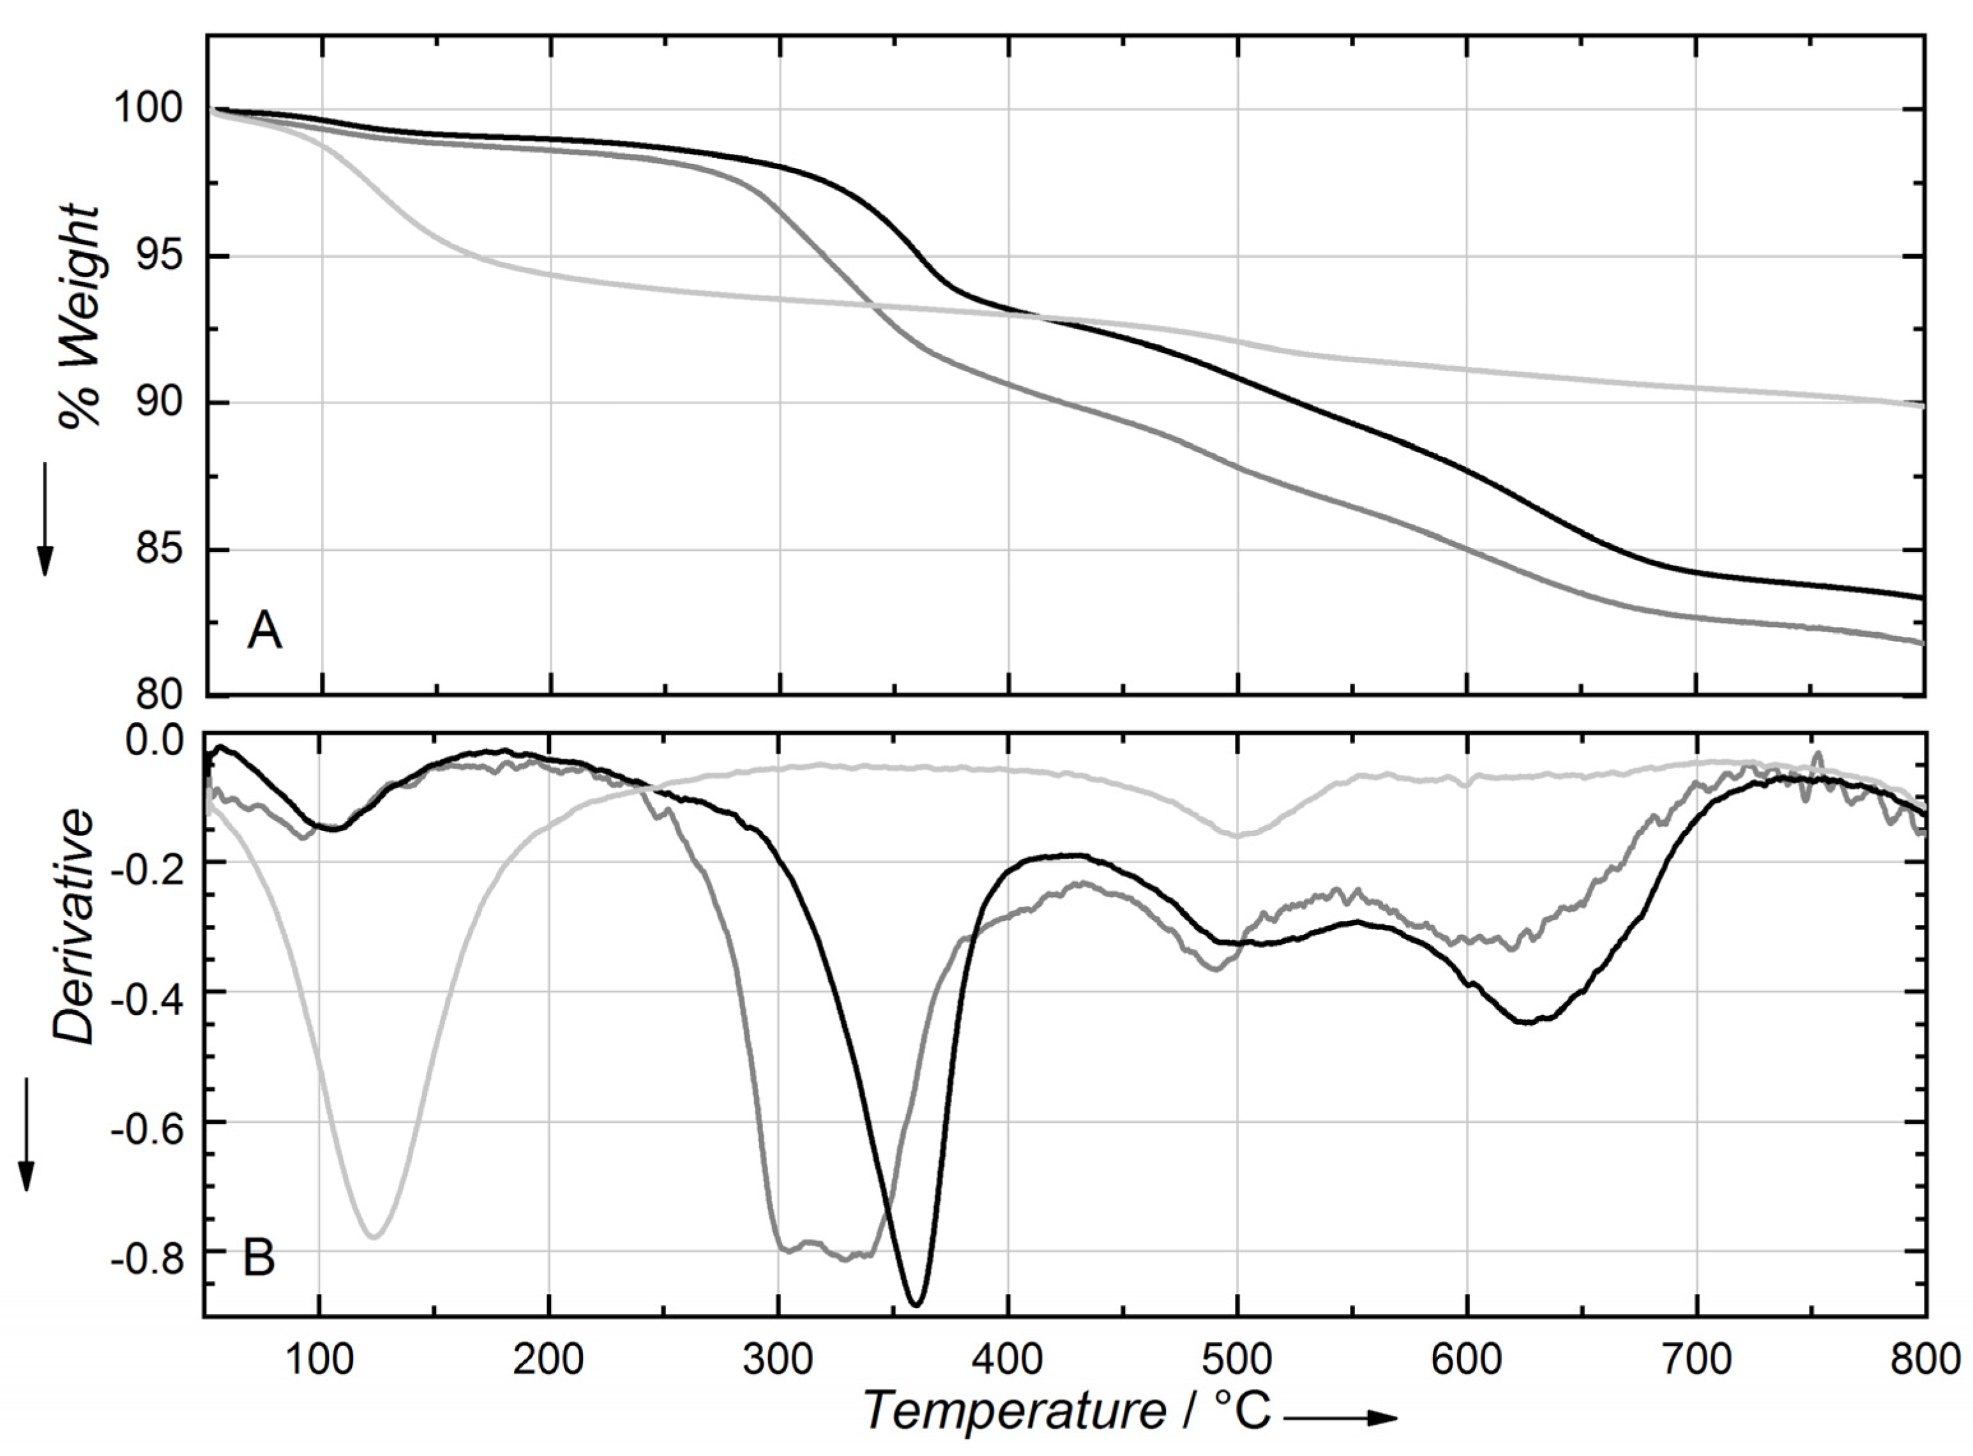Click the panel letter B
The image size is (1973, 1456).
259,1259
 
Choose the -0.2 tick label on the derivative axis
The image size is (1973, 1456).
150,863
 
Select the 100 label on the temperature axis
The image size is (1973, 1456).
319,1360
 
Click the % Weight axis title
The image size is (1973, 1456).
80,317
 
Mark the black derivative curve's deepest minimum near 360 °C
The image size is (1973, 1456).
917,1305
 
